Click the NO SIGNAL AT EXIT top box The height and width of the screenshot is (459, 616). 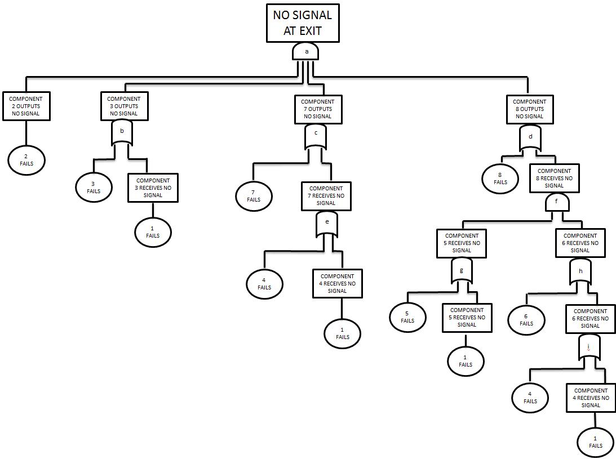click(x=303, y=23)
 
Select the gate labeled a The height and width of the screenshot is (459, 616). click(x=305, y=52)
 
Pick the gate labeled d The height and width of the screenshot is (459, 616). click(x=530, y=139)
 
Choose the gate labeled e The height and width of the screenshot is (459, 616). click(x=327, y=224)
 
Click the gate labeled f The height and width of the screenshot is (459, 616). click(x=557, y=202)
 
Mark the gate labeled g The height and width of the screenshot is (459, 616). click(x=462, y=272)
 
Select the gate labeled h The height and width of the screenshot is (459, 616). click(x=580, y=272)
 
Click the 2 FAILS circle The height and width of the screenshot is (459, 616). click(x=26, y=161)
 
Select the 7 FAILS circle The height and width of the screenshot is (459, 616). click(x=254, y=196)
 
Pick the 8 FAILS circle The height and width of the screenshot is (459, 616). click(x=500, y=179)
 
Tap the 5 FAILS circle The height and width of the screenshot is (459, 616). click(x=407, y=317)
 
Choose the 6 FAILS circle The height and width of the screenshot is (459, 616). click(x=526, y=320)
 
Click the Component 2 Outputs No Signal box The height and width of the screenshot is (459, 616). click(x=26, y=106)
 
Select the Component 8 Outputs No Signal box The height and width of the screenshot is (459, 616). click(x=529, y=109)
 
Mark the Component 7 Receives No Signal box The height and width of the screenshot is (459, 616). click(x=326, y=195)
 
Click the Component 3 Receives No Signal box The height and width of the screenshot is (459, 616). click(x=153, y=188)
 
